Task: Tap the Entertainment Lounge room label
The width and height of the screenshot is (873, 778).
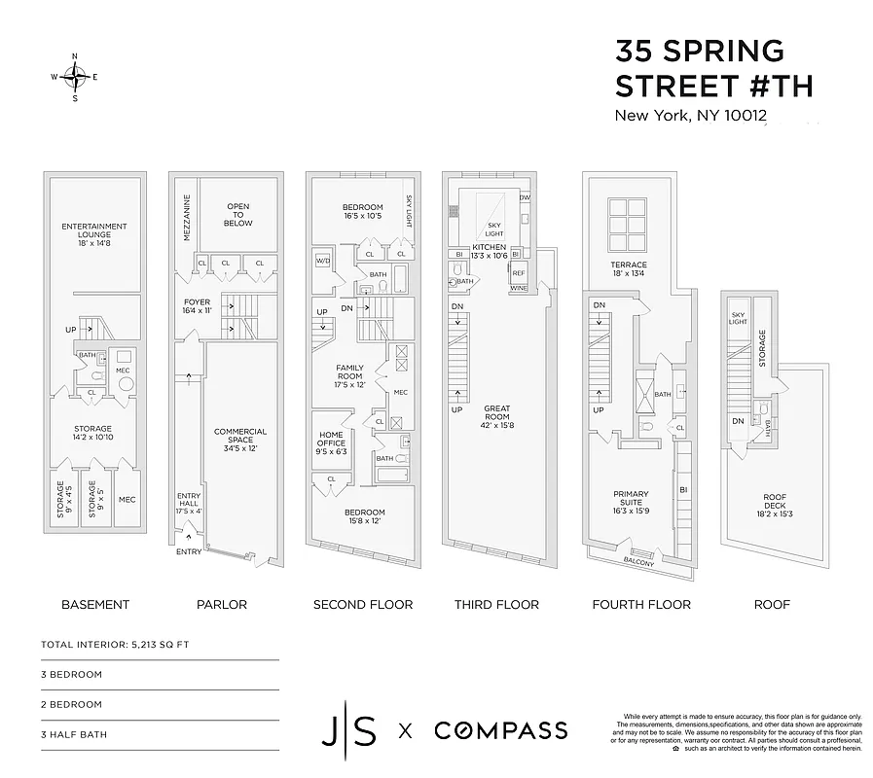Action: pos(94,230)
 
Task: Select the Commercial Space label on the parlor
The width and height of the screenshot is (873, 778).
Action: pos(240,438)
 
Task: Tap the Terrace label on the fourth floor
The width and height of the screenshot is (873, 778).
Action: pos(628,269)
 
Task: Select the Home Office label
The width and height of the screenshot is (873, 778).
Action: pos(332,443)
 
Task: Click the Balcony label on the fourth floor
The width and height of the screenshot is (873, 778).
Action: pos(638,562)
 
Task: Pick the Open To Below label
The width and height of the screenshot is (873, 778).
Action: pos(238,215)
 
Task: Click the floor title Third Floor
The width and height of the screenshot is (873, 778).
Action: pos(496,604)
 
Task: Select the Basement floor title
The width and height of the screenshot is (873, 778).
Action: pos(95,604)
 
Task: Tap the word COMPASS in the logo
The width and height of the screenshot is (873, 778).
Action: pos(500,729)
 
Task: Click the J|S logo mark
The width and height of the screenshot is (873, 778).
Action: pos(349,729)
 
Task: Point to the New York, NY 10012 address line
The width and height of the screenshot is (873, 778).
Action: pos(690,116)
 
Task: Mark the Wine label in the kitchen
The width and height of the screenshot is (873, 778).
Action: pos(518,289)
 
